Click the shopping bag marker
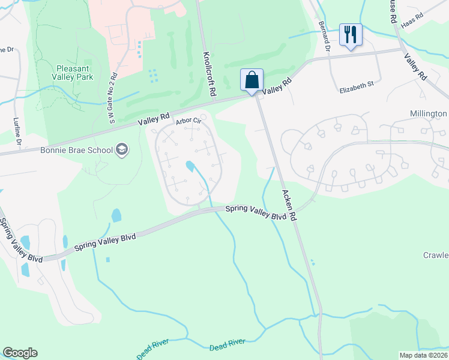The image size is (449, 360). [252, 80]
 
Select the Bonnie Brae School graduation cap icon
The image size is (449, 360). [122, 149]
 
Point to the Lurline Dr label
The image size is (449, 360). [17, 131]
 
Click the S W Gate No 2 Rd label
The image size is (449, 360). [112, 97]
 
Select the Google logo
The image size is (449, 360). [20, 353]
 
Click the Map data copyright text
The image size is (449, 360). [424, 355]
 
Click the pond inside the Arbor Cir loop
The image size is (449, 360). [190, 166]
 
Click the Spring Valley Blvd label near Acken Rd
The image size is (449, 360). [255, 212]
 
